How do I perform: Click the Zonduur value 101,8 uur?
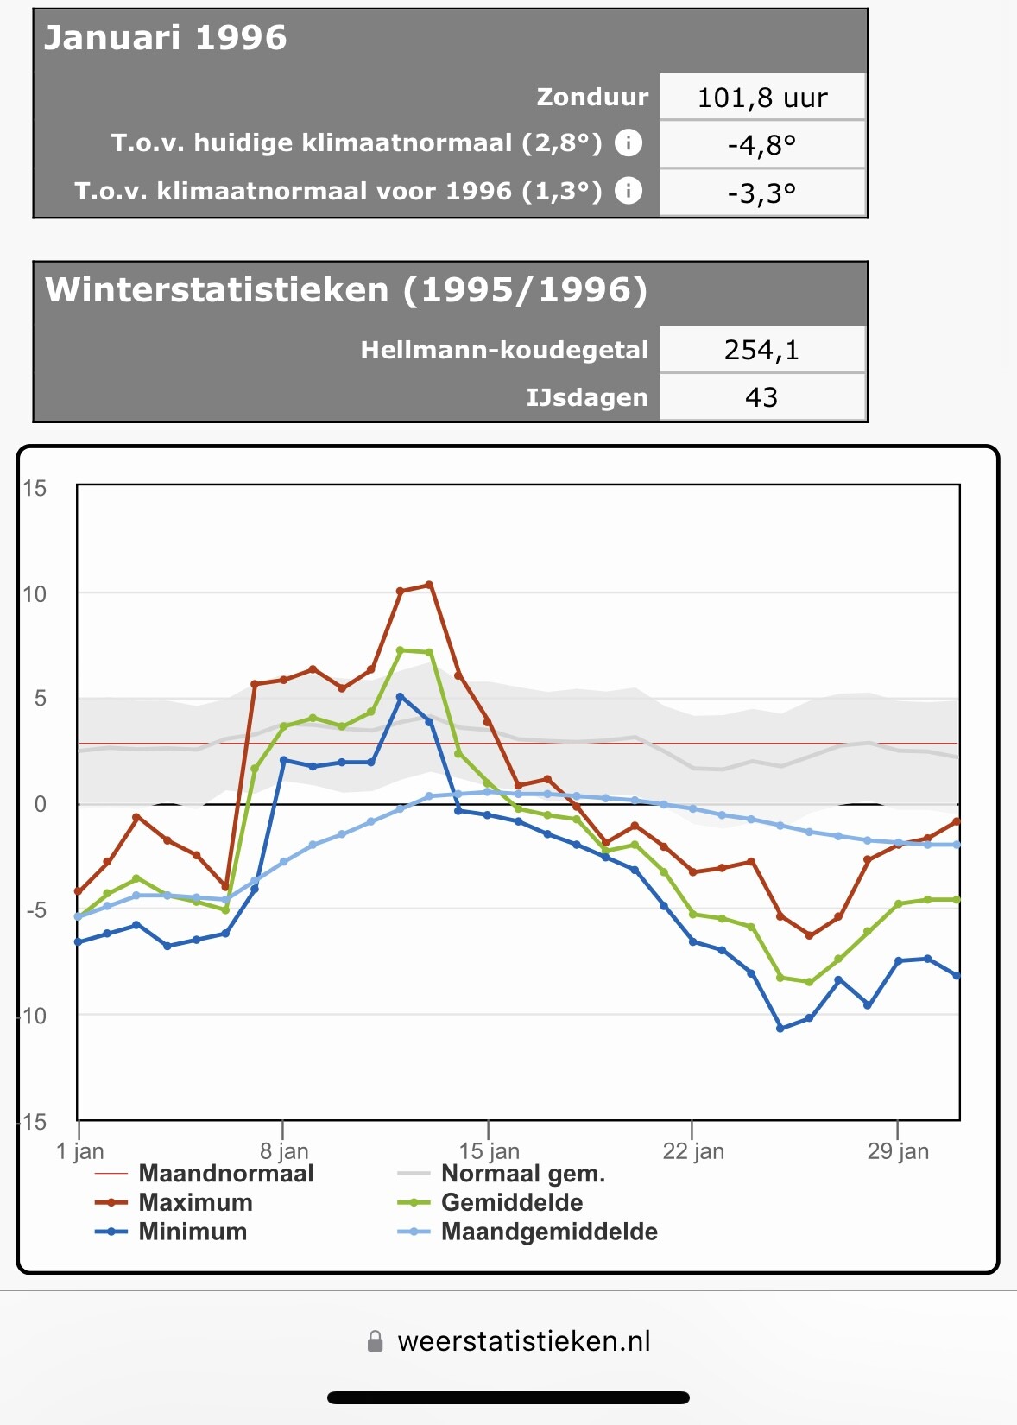coord(761,98)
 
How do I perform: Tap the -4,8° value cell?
coord(761,144)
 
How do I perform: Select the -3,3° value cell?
coord(761,192)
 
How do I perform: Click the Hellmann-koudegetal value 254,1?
coord(761,350)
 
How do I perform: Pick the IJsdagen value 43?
coord(761,397)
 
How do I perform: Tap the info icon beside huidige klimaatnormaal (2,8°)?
coord(629,142)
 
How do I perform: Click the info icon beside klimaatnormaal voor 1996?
coord(629,190)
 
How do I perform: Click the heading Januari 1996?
coord(165,38)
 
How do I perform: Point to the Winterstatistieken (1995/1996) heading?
coord(345,290)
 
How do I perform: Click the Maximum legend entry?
coord(195,1202)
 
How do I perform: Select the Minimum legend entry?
coord(193,1232)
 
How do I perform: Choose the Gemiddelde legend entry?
coord(511,1202)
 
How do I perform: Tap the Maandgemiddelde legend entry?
coord(549,1232)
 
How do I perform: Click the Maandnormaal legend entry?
coord(225,1173)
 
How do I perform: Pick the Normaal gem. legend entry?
coord(522,1173)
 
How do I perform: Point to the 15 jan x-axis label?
coord(490,1151)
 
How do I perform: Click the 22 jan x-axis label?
coord(693,1151)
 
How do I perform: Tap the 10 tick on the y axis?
coord(35,594)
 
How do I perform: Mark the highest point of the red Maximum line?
coord(429,586)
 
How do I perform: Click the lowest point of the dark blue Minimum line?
coord(780,1029)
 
